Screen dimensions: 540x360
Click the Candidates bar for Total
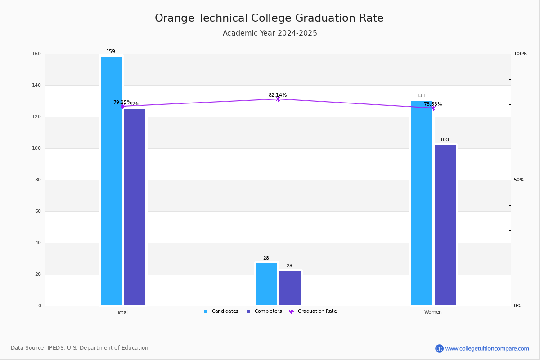[x=112, y=181]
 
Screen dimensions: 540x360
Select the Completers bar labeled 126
[x=135, y=207]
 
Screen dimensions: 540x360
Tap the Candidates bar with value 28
[x=266, y=284]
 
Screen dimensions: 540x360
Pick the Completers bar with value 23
[x=290, y=288]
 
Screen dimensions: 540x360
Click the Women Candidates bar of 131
[x=422, y=203]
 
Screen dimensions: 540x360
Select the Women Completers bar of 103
[x=445, y=225]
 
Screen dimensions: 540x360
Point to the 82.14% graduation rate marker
[x=278, y=99]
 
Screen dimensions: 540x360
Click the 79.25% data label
[x=122, y=102]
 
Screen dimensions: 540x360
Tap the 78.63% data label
[x=433, y=104]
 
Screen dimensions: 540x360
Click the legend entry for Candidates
[x=221, y=311]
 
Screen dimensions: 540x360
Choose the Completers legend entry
[x=264, y=311]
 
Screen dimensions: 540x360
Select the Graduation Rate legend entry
[x=313, y=311]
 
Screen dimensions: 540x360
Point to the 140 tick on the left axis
[x=36, y=85]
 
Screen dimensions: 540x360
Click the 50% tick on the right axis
[x=519, y=180]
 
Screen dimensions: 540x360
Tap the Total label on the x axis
[x=122, y=312]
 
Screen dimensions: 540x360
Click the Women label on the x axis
[x=433, y=312]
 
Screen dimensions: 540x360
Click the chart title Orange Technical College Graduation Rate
[x=269, y=18]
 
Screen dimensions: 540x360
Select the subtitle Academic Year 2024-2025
[x=270, y=33]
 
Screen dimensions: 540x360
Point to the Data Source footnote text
[x=80, y=348]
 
